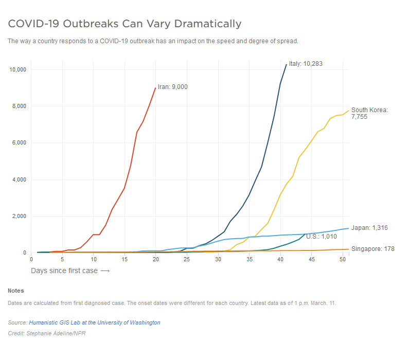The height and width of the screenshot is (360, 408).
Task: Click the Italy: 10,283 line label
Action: pyautogui.click(x=306, y=64)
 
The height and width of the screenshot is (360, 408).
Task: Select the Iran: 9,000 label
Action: pyautogui.click(x=172, y=87)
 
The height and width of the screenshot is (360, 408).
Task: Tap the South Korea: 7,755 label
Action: pyautogui.click(x=369, y=113)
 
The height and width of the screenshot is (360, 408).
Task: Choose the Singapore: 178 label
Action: pyautogui.click(x=372, y=249)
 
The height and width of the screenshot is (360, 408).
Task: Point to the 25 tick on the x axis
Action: pyautogui.click(x=187, y=259)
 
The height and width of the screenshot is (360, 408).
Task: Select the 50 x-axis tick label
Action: pyautogui.click(x=343, y=259)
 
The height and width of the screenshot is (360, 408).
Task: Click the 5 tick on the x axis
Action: pyautogui.click(x=62, y=259)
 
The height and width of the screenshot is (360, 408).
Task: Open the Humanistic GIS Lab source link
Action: pyautogui.click(x=94, y=322)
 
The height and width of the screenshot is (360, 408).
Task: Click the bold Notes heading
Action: pyautogui.click(x=15, y=291)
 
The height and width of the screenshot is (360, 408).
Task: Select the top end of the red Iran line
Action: pyautogui.click(x=155, y=87)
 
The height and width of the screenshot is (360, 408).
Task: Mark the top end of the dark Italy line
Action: pyautogui.click(x=286, y=64)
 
